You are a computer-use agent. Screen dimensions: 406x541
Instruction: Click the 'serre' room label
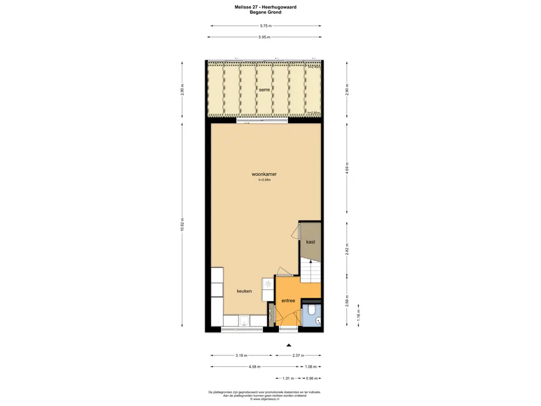click(x=265, y=90)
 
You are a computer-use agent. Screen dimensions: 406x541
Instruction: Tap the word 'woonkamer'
click(x=265, y=174)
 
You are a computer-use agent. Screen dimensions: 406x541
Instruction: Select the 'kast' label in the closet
click(x=311, y=242)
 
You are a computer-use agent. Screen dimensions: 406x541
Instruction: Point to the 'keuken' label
click(x=244, y=291)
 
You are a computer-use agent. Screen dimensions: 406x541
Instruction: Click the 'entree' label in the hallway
click(x=288, y=301)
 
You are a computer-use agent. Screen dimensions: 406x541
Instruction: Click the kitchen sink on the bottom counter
click(x=244, y=320)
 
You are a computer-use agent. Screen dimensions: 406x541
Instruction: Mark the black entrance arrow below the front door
click(x=288, y=345)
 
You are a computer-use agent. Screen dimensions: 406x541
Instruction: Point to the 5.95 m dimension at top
click(x=265, y=37)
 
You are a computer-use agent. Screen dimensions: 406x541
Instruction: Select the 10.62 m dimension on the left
click(x=182, y=225)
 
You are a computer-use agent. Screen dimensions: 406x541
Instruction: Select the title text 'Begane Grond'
click(x=265, y=12)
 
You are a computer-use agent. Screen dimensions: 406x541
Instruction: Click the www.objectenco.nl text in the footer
click(x=265, y=399)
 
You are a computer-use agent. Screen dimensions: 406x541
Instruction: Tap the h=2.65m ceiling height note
click(x=264, y=180)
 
